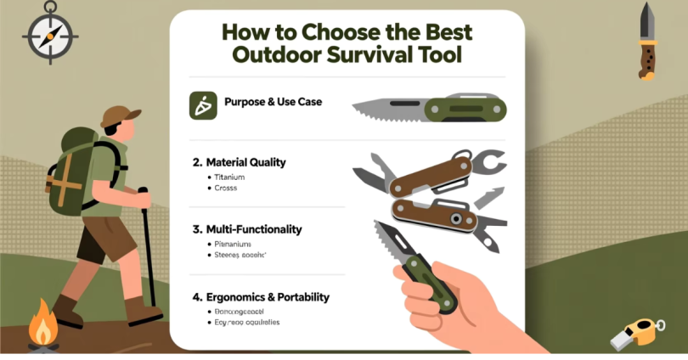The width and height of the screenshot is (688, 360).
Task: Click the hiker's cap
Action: (x=121, y=115)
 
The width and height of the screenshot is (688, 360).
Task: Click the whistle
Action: (x=638, y=333)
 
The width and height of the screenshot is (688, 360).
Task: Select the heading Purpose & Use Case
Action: (x=273, y=103)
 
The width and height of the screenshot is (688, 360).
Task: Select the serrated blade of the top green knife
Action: (x=386, y=108)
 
